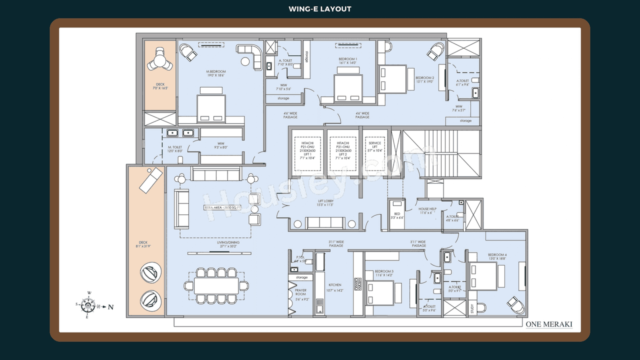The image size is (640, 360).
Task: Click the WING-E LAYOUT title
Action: point(320,9)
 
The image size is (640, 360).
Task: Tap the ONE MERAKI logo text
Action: point(549,324)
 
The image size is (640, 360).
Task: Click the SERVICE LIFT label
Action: point(375,146)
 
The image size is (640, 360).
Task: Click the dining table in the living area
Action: point(216,285)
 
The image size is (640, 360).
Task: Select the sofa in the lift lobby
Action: point(325,223)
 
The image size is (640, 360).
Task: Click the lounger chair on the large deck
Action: point(150,180)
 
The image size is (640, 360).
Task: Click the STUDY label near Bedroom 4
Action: point(472,308)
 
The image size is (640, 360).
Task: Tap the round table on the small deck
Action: point(160,61)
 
